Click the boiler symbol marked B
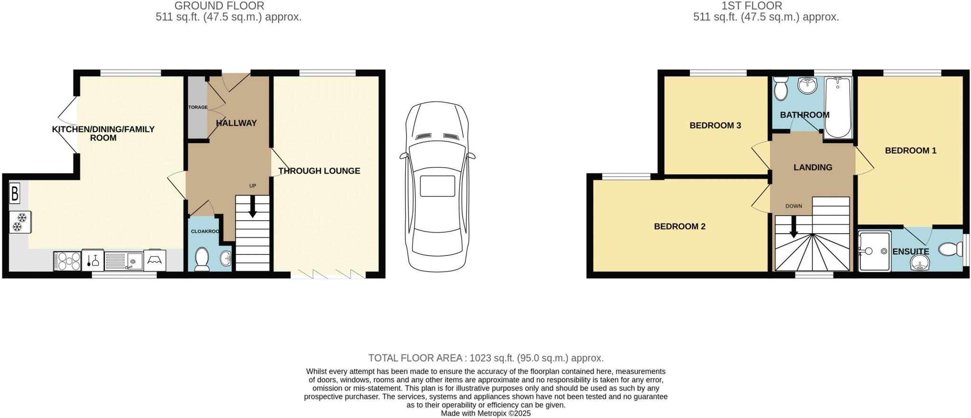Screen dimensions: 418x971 click(15, 193)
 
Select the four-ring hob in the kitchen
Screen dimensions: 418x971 click(67, 261)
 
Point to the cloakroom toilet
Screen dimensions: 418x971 click(202, 259)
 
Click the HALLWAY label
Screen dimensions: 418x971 click(236, 123)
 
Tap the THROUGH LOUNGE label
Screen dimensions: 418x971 click(319, 171)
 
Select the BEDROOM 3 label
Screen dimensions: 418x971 click(715, 126)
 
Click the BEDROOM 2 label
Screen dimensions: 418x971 click(679, 227)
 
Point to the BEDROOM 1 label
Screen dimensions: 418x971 click(910, 151)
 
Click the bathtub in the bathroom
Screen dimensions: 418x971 click(838, 108)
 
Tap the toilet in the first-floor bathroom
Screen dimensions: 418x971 click(780, 88)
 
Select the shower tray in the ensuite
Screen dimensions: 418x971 click(874, 251)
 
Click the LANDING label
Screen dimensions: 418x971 click(813, 167)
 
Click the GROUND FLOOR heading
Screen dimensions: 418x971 click(219, 6)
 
